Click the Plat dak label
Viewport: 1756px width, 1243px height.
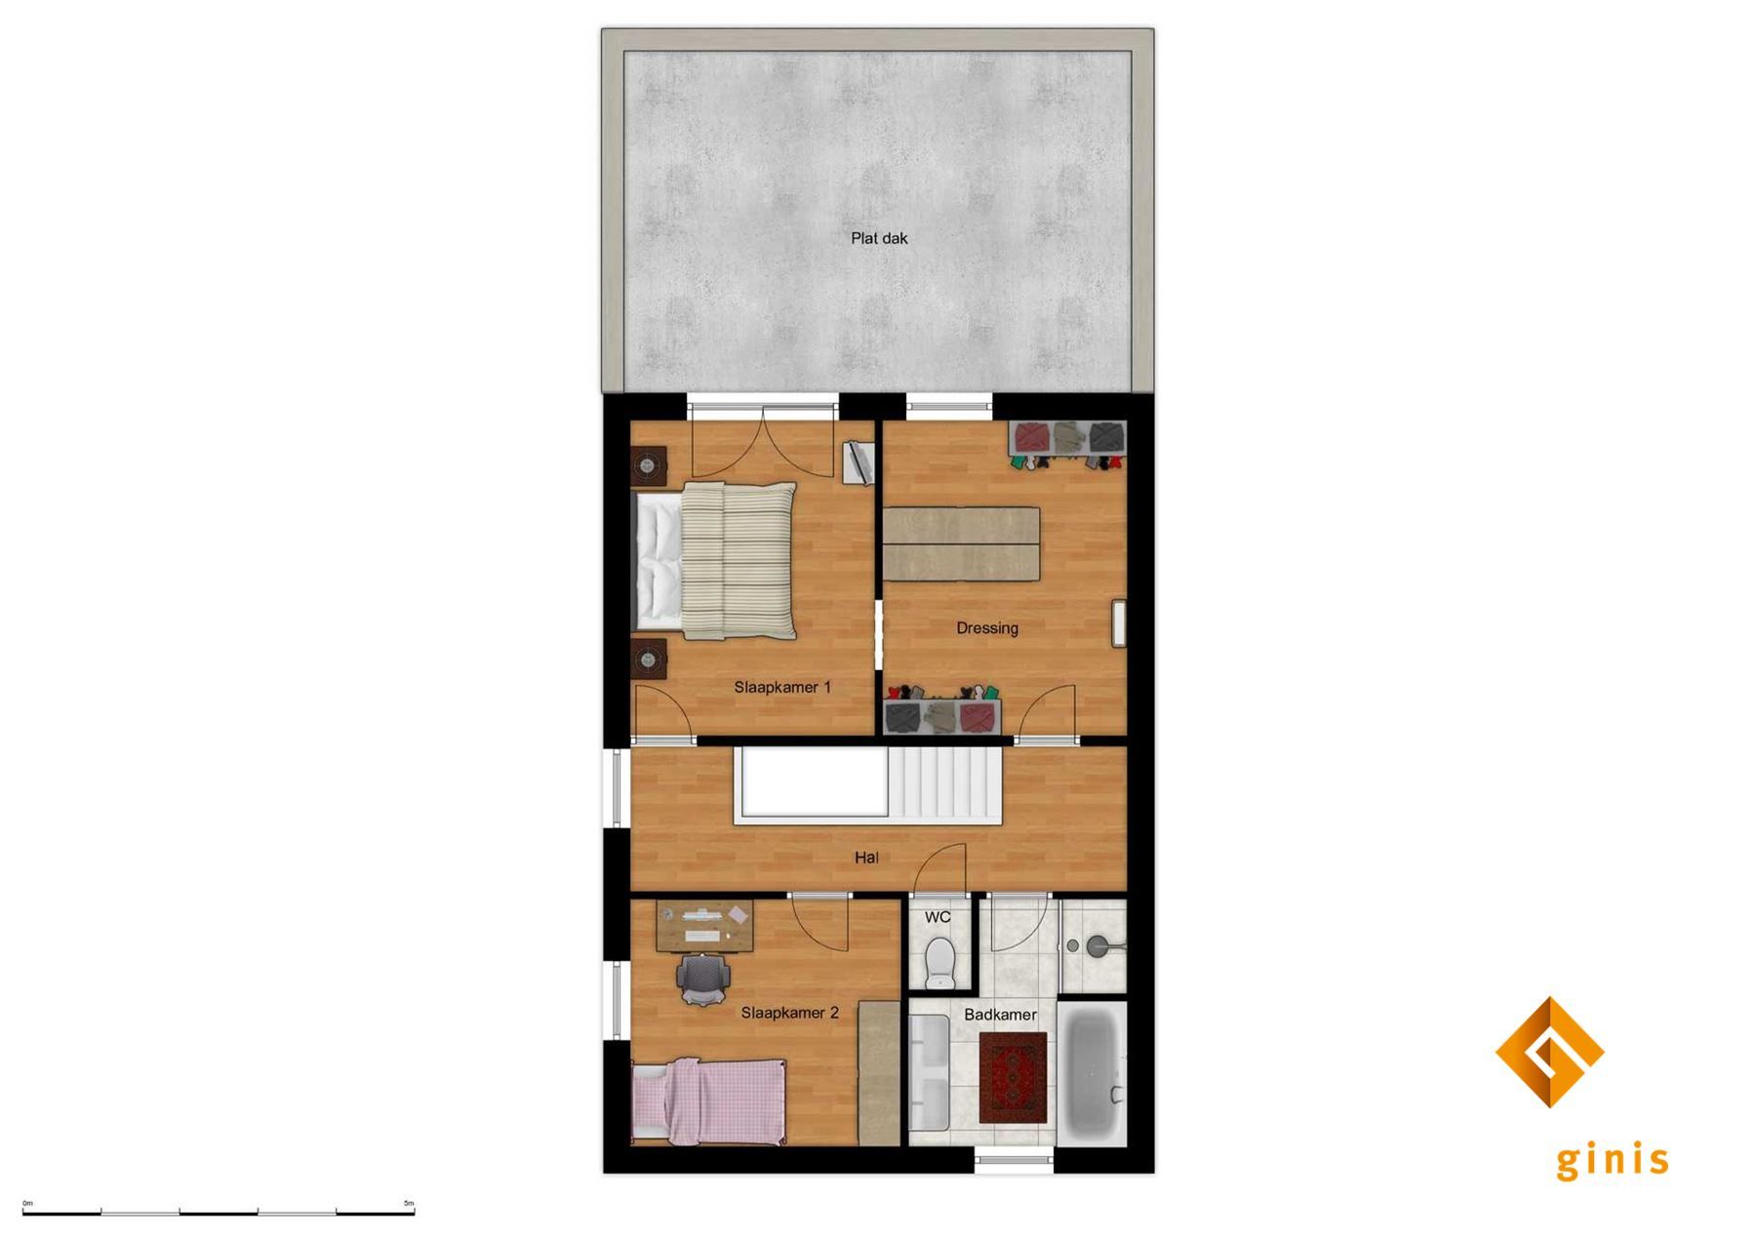click(879, 238)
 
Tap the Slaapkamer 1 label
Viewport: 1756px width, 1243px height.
click(782, 688)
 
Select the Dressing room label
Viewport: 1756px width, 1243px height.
click(987, 628)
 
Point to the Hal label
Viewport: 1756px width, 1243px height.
click(866, 858)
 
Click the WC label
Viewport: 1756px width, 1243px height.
click(938, 918)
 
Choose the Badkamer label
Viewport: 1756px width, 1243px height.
click(1000, 1015)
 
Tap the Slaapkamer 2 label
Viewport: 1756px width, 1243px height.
click(789, 1013)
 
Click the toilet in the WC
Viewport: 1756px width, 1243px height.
click(939, 961)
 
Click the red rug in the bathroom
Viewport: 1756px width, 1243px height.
click(1012, 1078)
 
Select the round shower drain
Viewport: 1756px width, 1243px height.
click(1073, 945)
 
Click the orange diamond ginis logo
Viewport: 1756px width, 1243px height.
click(1549, 1052)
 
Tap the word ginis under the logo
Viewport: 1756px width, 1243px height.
click(1612, 1161)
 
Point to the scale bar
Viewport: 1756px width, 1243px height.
click(219, 1213)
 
